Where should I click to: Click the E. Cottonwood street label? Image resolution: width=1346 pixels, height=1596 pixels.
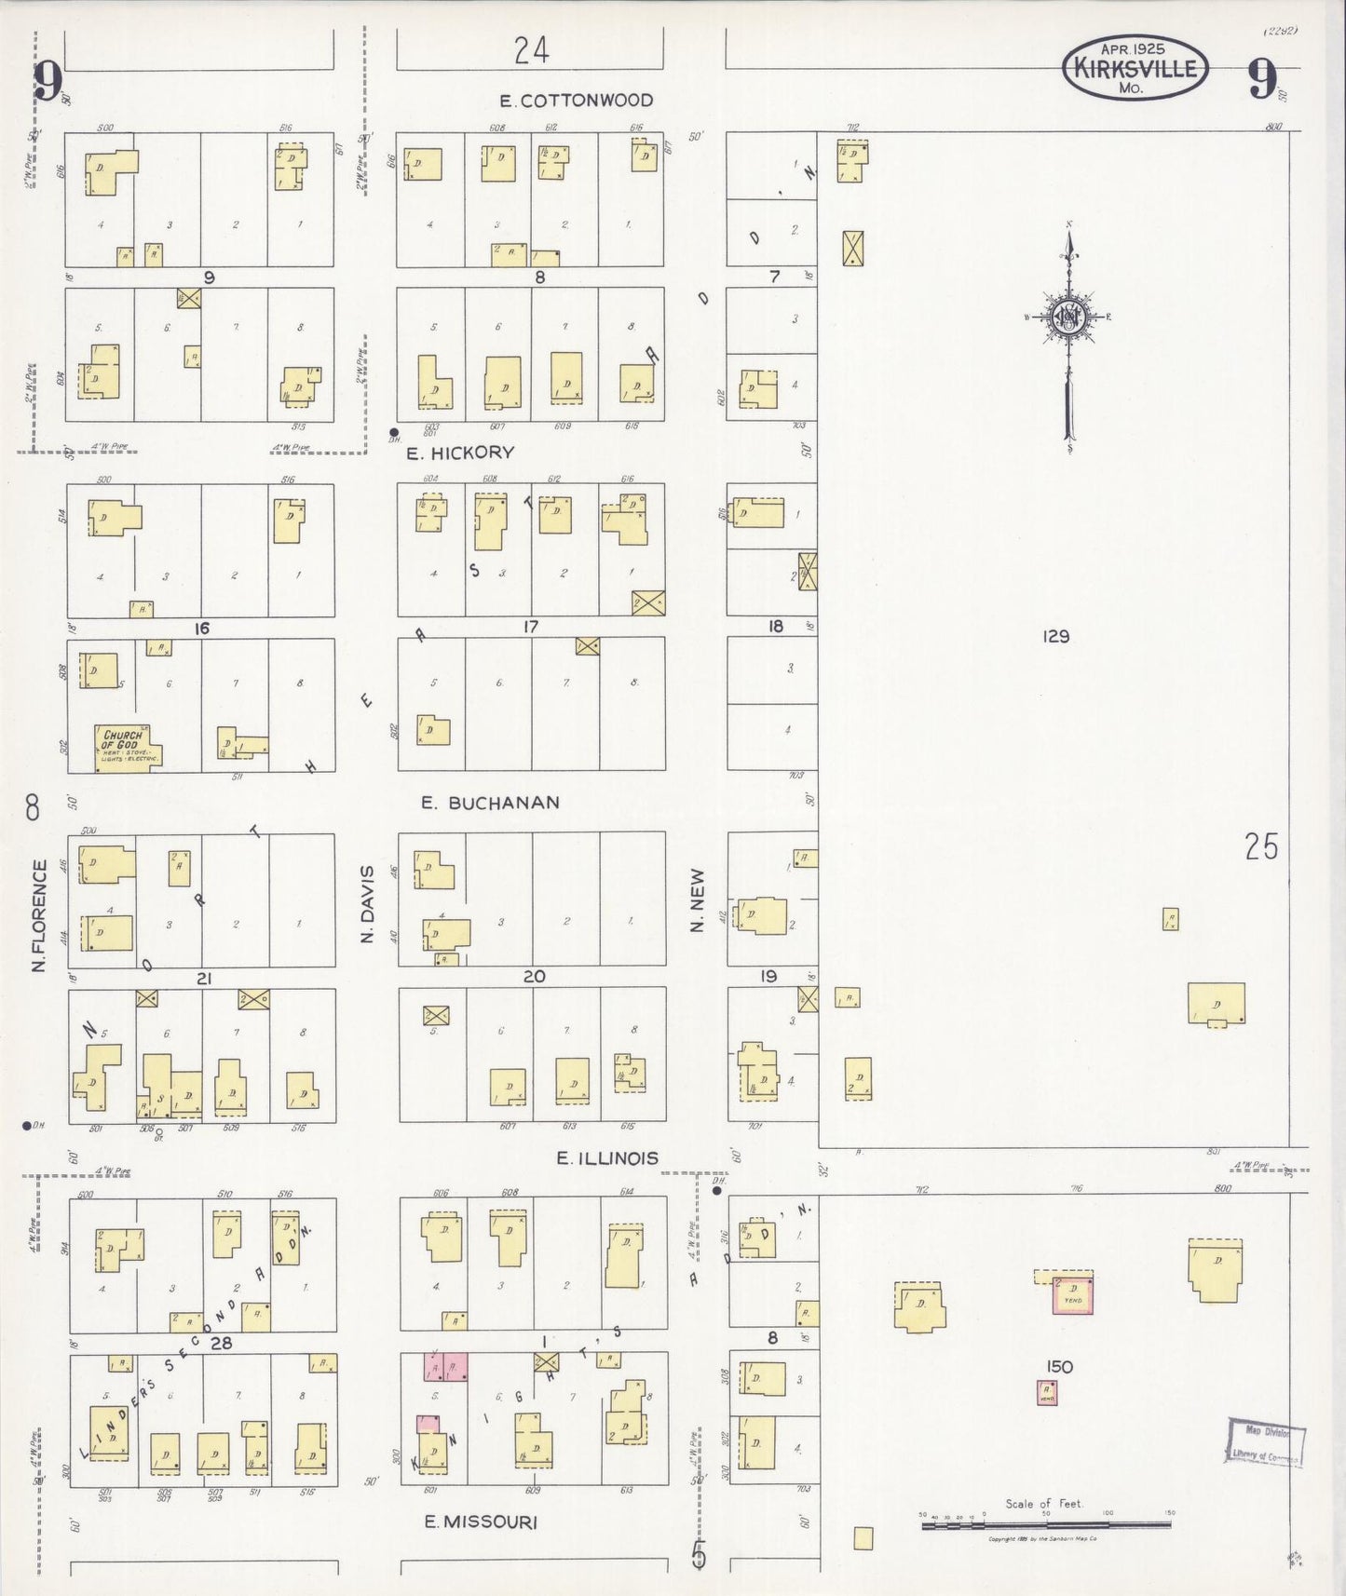coord(575,101)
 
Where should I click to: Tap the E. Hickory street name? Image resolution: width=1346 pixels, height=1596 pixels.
coord(460,453)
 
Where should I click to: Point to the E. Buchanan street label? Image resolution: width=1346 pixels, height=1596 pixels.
coord(490,803)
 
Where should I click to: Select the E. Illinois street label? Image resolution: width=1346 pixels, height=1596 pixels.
coord(607,1157)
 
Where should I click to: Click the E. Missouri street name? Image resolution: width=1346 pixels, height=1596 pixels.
coord(481,1522)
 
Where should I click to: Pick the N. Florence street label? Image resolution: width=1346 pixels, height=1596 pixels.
coord(39,916)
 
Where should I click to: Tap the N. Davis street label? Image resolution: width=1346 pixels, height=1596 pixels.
coord(367,903)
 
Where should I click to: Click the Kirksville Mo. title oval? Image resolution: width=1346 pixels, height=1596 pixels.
coord(1135,68)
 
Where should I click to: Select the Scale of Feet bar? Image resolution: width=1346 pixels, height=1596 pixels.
coord(1045,1524)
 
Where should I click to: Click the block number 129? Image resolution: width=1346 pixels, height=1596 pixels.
coord(1055,637)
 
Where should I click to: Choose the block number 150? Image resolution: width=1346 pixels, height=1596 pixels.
coord(1059,1366)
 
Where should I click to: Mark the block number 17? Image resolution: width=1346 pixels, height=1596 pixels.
coord(530,627)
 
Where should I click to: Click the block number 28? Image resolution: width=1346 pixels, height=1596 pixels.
coord(221,1343)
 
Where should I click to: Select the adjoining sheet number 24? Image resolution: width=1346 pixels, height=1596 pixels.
coord(531,50)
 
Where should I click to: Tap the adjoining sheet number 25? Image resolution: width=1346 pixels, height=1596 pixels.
coord(1261,847)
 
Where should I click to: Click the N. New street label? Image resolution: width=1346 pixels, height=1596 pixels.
coord(697,899)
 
